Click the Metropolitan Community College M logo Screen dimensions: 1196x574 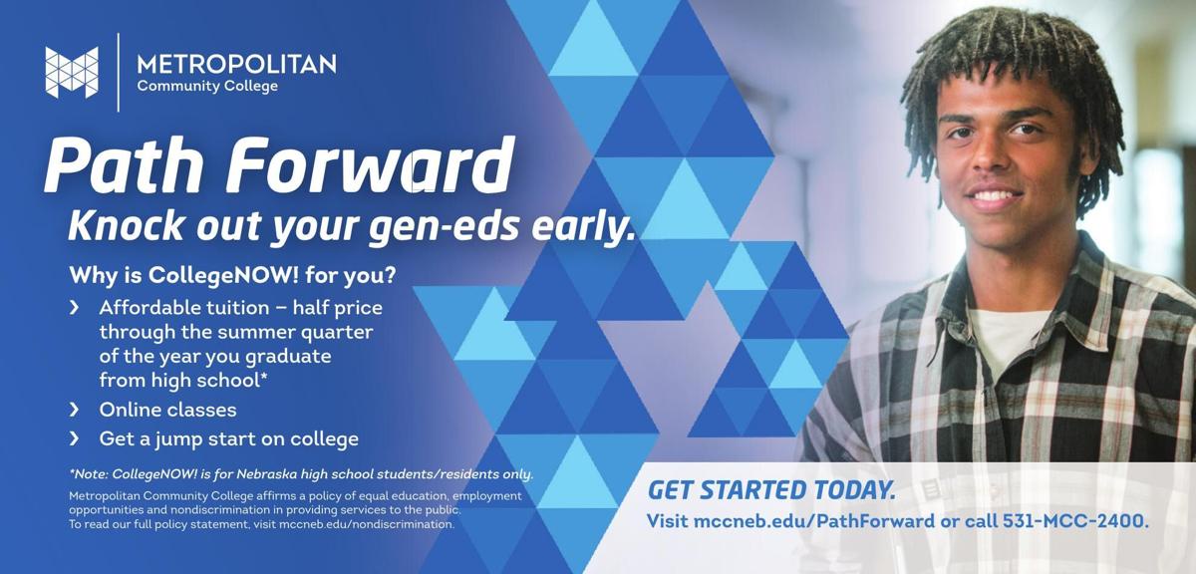72,72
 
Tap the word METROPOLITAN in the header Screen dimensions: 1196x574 236,64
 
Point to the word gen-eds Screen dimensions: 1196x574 444,226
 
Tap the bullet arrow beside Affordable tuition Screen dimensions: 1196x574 74,307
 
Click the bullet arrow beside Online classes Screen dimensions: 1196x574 74,410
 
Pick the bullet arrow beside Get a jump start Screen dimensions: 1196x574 74,438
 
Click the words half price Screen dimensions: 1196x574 338,308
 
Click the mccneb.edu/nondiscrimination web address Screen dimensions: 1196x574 367,524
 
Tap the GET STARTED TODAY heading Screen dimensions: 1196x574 771,490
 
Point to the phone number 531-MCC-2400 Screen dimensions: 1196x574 1075,521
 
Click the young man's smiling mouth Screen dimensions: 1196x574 993,195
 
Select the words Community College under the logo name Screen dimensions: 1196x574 207,87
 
